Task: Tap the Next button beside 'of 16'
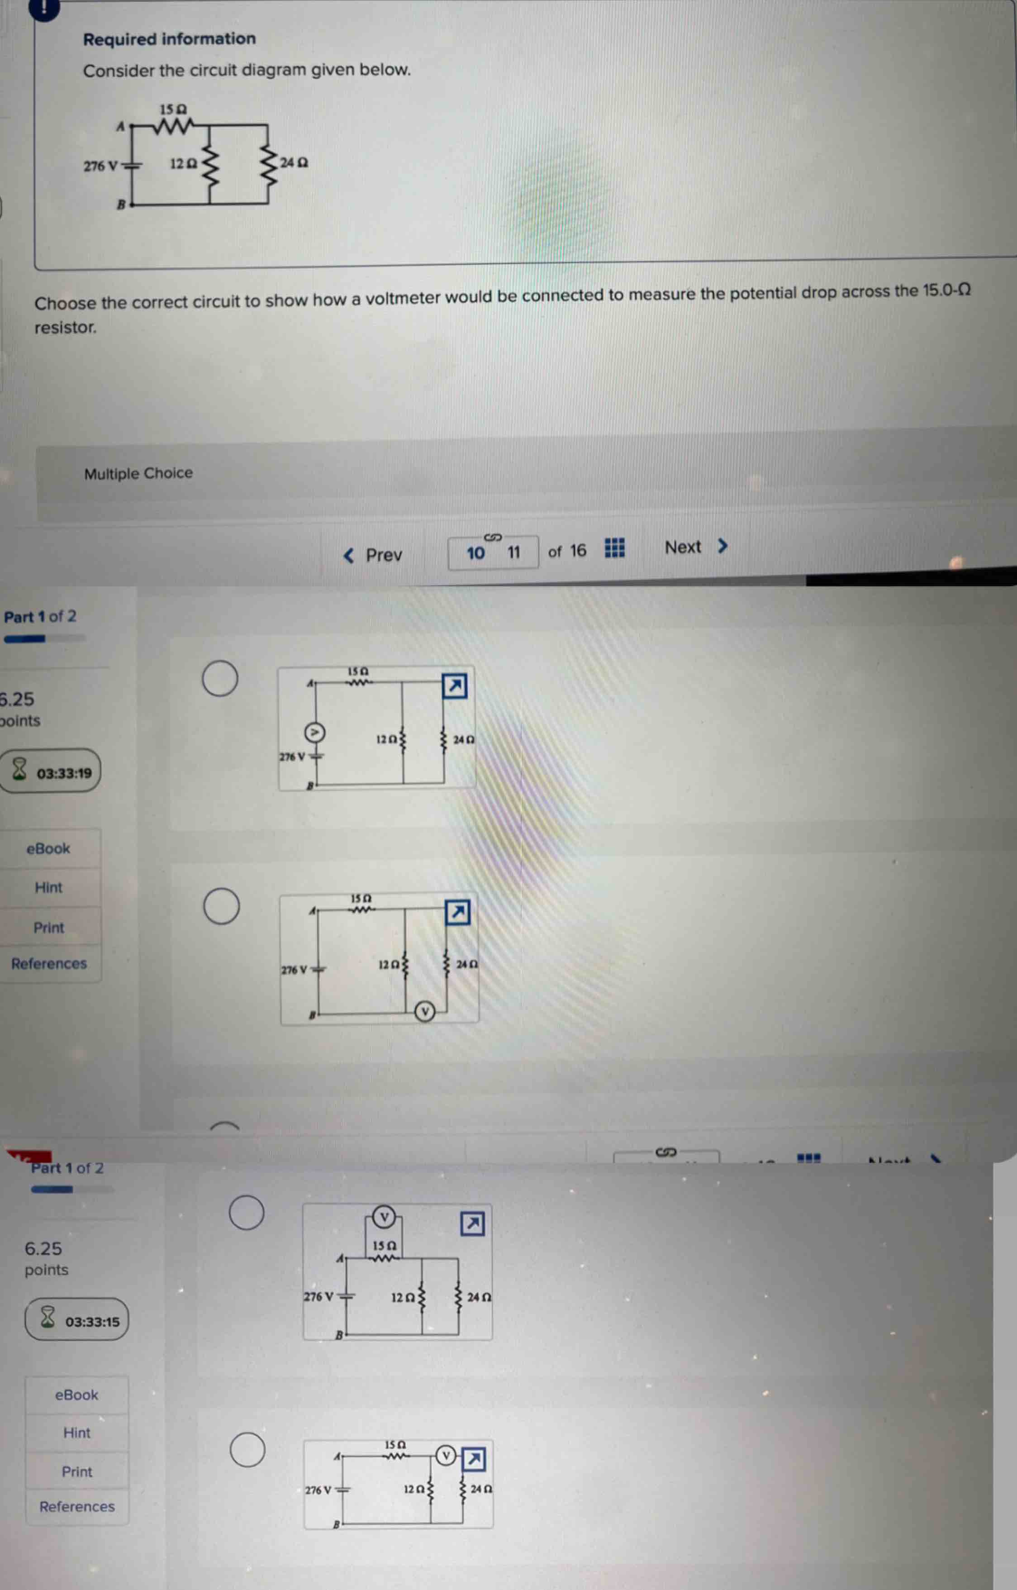pos(695,547)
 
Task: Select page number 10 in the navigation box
pos(475,552)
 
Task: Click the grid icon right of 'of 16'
pos(615,548)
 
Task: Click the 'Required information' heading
pos(169,39)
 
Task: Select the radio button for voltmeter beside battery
pos(220,678)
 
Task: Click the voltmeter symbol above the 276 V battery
pos(315,732)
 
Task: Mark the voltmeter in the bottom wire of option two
pos(425,1011)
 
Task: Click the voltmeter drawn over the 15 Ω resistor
pos(384,1216)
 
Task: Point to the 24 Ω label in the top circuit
pos(294,162)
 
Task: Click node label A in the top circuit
pos(120,127)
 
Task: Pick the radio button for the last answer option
pos(247,1450)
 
